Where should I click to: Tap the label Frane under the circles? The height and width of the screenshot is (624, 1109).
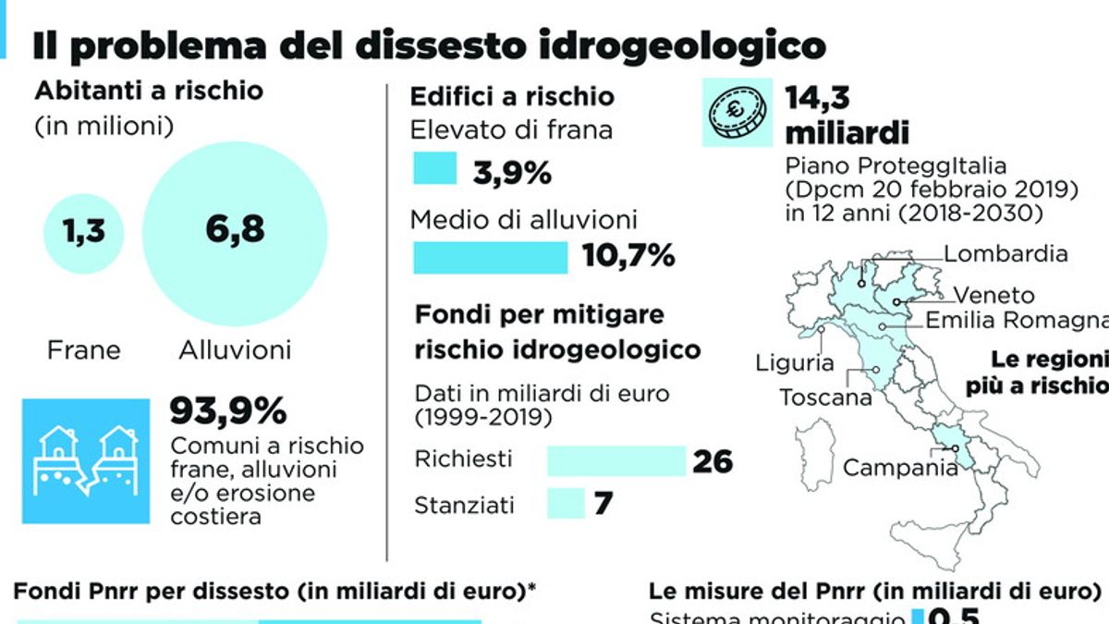84,350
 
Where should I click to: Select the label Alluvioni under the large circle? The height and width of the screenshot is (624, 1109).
235,350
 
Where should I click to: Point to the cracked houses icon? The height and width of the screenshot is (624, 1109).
85,460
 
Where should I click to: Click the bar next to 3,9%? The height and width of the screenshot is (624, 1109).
434,169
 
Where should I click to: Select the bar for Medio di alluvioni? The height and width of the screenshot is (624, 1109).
490,257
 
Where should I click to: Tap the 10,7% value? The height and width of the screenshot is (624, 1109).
628,257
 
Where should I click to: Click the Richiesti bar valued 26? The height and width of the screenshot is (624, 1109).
615,460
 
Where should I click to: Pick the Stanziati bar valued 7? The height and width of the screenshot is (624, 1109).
566,505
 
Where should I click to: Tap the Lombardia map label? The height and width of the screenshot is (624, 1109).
1005,253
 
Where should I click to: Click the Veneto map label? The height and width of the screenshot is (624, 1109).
994,296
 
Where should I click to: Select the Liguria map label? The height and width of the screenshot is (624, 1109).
794,363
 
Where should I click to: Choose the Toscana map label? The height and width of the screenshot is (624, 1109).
825,398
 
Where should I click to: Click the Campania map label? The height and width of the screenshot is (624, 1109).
900,468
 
